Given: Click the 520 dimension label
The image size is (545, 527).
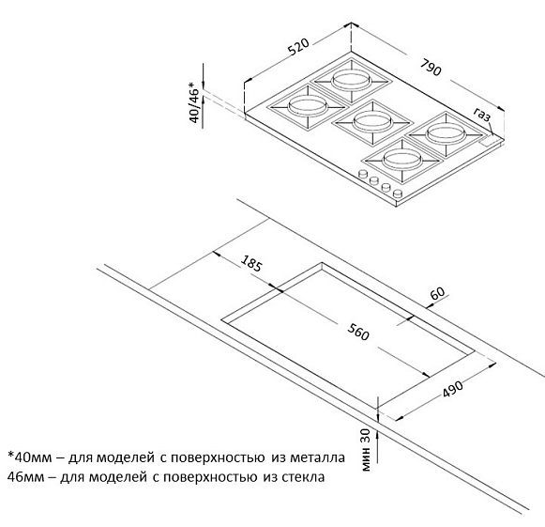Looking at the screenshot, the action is [298, 47].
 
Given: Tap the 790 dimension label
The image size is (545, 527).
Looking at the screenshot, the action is [431, 68].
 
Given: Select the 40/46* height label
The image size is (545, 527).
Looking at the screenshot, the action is [195, 102].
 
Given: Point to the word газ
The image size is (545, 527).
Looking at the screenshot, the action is [482, 114].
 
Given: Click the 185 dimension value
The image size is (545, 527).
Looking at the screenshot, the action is [251, 263].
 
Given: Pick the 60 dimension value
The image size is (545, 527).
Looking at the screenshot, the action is [437, 293].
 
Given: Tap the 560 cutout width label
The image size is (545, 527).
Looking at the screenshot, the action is [358, 332].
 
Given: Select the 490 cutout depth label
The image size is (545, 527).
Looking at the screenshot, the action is [453, 389].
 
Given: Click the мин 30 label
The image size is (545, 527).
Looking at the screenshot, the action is [366, 450].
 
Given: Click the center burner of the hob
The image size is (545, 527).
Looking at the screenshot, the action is [372, 122].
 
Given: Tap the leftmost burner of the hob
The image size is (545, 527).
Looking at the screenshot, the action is [308, 106].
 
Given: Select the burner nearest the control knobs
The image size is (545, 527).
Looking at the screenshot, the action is [402, 161].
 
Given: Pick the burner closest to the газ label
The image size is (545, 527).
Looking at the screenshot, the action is [446, 134].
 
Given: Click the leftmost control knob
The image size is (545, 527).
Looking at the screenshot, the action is [363, 174].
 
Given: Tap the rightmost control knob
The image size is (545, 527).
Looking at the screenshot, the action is [397, 194].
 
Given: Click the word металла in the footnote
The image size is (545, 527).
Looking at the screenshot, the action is [317, 457].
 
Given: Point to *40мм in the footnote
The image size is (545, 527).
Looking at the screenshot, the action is [30, 457].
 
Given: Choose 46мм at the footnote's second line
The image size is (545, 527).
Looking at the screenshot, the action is [25, 476].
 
